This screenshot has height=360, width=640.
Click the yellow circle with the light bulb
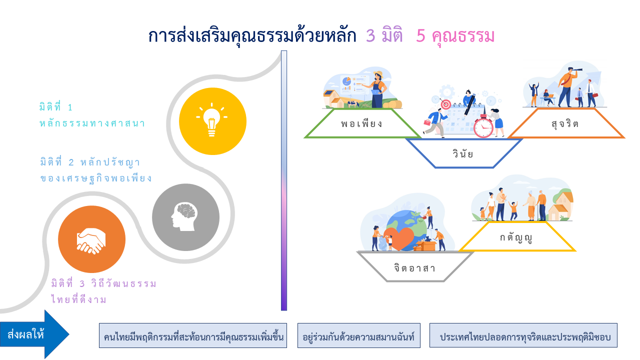point(212,121)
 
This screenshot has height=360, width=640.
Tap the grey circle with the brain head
point(185,217)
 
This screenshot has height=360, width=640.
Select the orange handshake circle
point(91,239)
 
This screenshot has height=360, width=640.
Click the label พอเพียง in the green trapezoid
point(361,123)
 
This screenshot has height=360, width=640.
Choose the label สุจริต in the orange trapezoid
point(565,124)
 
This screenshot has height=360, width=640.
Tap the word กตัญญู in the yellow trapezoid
point(516,237)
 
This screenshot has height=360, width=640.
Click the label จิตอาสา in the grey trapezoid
point(414,268)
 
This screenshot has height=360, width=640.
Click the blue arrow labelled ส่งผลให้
point(34,334)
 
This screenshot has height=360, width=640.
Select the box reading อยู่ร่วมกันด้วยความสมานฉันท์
point(359,335)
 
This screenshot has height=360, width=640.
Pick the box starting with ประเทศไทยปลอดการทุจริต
point(523,335)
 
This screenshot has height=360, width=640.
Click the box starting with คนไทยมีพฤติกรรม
point(193,335)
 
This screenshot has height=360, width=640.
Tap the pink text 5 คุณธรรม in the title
point(455,36)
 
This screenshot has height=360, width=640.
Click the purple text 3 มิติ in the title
point(384,35)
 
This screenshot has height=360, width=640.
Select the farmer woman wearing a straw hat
point(377,89)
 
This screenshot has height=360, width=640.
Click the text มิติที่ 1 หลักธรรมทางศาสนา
point(92,115)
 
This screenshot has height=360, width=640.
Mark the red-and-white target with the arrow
point(445,104)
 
